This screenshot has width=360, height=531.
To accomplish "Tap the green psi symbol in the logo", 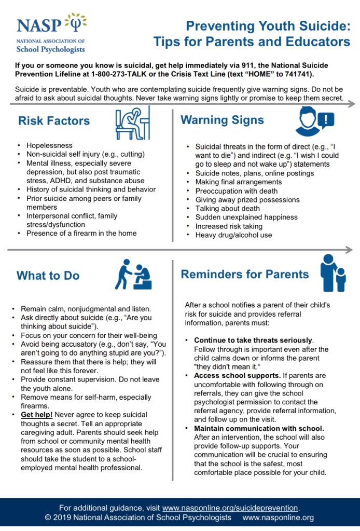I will [x=76, y=23].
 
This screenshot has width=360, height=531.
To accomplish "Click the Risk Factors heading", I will [x=54, y=121].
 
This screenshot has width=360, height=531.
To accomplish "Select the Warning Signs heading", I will [x=222, y=120].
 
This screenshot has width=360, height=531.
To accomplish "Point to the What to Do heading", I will [x=48, y=276].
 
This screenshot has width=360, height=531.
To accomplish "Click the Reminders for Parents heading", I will [x=244, y=274].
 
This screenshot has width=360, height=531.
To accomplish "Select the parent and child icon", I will [x=333, y=273].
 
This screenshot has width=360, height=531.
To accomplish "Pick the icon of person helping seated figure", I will [x=134, y=274].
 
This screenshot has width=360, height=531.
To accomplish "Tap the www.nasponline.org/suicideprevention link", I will [x=230, y=508].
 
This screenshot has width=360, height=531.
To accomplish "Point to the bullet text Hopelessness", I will [x=50, y=145].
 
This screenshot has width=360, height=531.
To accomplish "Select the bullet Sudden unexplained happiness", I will [x=246, y=217].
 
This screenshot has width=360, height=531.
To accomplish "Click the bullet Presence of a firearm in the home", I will [x=81, y=233].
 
